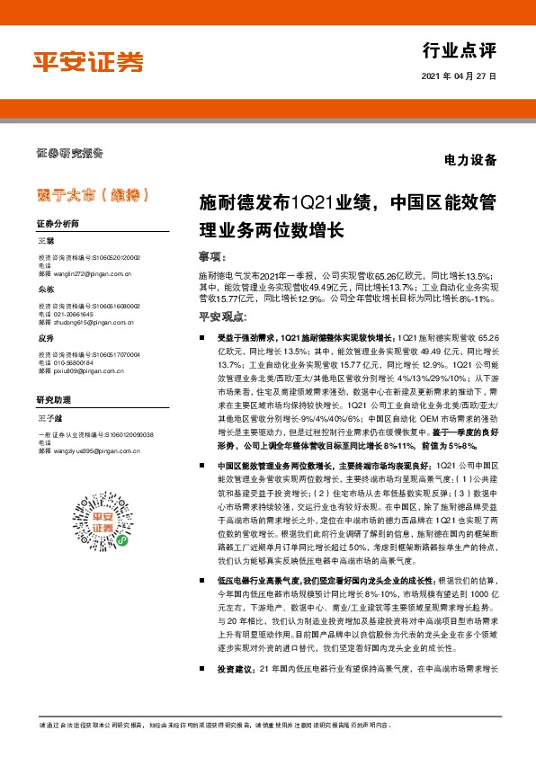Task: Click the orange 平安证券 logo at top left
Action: [x=88, y=61]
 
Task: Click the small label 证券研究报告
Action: [x=69, y=152]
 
